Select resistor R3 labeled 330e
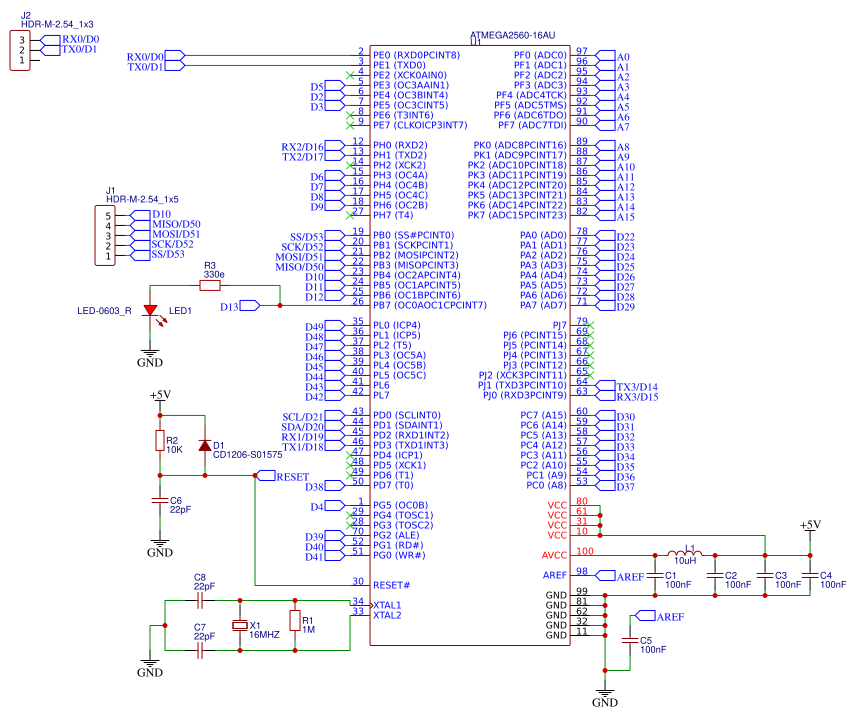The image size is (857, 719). pos(210,285)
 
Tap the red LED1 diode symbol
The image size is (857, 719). pos(151,311)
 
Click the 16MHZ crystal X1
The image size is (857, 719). pos(240,626)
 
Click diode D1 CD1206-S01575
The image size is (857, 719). pos(205,445)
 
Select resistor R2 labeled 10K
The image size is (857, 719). pos(158,441)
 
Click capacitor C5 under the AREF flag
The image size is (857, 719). pos(629,640)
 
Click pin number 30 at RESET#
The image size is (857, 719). pos(358,581)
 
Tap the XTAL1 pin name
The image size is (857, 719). pos(387,606)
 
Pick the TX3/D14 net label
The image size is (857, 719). pos(637,386)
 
